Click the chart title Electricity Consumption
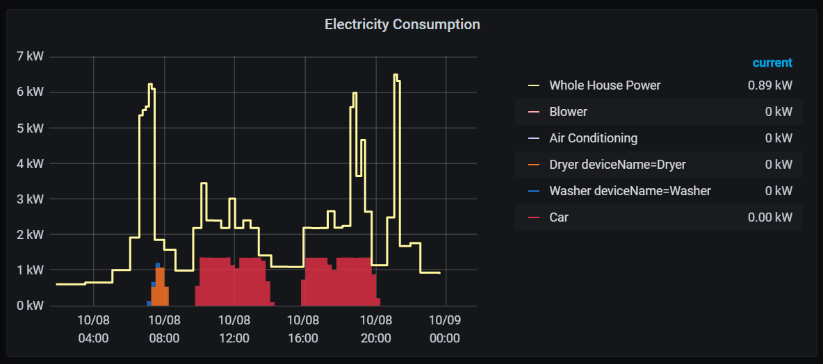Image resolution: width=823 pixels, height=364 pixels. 402,24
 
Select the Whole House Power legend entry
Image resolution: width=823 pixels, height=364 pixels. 605,85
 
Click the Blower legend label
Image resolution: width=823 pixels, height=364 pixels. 568,112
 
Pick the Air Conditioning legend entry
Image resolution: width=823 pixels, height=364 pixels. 593,138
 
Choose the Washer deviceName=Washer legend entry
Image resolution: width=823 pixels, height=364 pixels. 630,191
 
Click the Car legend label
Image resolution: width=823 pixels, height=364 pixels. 559,217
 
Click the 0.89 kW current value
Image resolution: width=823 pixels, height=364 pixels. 769,85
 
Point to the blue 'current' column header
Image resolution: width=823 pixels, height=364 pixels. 772,63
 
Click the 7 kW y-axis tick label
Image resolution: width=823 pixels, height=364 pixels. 30,56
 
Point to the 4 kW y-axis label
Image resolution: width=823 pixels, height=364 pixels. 30,163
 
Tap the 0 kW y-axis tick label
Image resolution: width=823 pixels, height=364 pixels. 30,306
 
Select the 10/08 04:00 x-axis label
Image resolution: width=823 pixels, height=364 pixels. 93,330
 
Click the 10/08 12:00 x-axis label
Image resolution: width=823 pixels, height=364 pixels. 234,330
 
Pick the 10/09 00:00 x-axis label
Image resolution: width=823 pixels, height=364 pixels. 444,330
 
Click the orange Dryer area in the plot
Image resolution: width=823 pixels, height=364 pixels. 161,288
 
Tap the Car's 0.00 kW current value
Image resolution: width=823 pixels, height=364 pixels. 769,217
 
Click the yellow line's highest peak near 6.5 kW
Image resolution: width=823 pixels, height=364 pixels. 396,75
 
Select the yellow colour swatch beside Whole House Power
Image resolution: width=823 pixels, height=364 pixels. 534,85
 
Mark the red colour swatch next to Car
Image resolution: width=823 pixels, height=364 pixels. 534,217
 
